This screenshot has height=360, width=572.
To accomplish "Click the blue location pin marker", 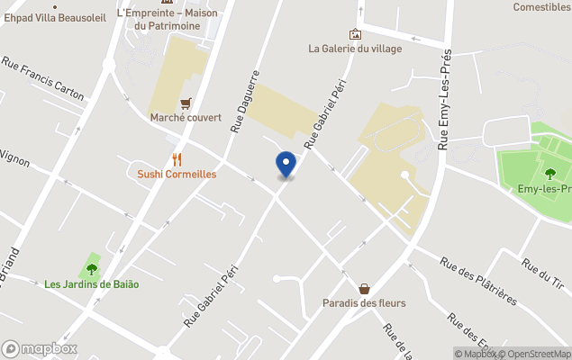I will click(x=286, y=164).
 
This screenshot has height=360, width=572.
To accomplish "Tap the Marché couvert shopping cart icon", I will click(x=186, y=103).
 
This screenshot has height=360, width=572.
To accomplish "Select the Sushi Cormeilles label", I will click(x=177, y=174).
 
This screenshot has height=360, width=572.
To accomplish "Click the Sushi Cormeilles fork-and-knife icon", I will click(x=177, y=159).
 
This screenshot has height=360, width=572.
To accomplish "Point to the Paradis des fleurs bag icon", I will click(x=364, y=289).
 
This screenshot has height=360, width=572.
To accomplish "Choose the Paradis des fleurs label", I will click(x=364, y=303).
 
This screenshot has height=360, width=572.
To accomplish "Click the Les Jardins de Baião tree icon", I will click(x=91, y=268).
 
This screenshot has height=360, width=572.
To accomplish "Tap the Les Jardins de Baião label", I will click(x=92, y=284).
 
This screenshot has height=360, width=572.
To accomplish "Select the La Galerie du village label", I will click(x=355, y=49).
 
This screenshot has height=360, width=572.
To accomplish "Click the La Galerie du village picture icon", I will click(x=355, y=34).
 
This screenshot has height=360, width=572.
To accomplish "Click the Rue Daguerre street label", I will click(x=244, y=102).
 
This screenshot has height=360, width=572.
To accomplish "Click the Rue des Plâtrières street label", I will click(x=477, y=280).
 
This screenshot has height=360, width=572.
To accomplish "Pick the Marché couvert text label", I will click(x=186, y=118).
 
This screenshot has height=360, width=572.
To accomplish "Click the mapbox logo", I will click(x=40, y=348).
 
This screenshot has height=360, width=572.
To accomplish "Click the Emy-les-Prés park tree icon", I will click(x=549, y=174).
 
